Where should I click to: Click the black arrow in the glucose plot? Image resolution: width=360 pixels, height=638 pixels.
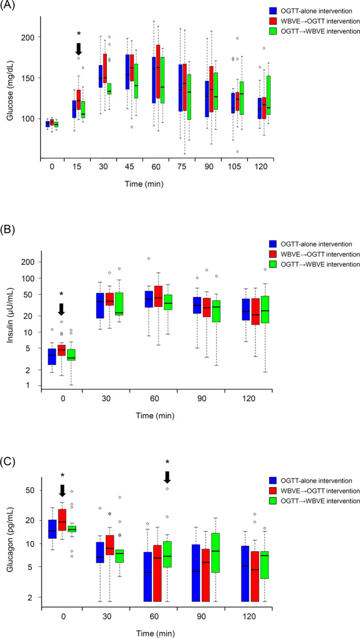(79, 49)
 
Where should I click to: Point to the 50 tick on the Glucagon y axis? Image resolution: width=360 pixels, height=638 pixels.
(30, 490)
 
